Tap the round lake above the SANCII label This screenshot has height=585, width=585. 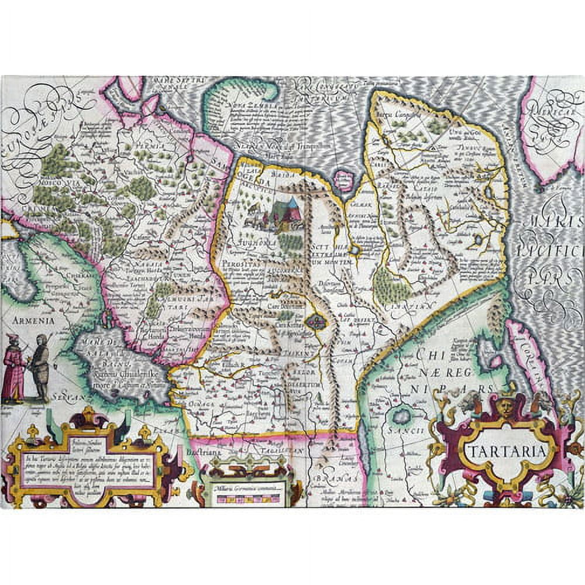click(x=402, y=416)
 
